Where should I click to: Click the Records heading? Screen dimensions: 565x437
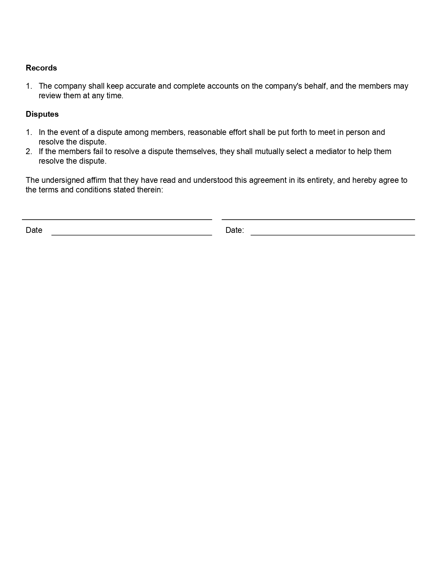(x=41, y=68)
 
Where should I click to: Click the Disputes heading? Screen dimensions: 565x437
(x=42, y=114)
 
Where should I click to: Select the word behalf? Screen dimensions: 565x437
(x=315, y=86)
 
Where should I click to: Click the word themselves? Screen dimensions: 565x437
(x=196, y=151)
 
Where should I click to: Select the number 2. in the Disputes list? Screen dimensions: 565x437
(x=29, y=151)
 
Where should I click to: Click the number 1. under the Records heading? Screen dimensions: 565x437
(x=29, y=86)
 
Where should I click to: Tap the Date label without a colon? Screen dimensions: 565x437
(x=34, y=230)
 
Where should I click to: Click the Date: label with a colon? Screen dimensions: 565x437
(x=234, y=230)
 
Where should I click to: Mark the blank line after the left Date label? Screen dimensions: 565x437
(x=132, y=235)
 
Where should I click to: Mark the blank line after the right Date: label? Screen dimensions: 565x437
(x=332, y=235)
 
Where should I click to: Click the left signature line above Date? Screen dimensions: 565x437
(x=117, y=219)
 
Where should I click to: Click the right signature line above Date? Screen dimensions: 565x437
(x=318, y=219)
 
